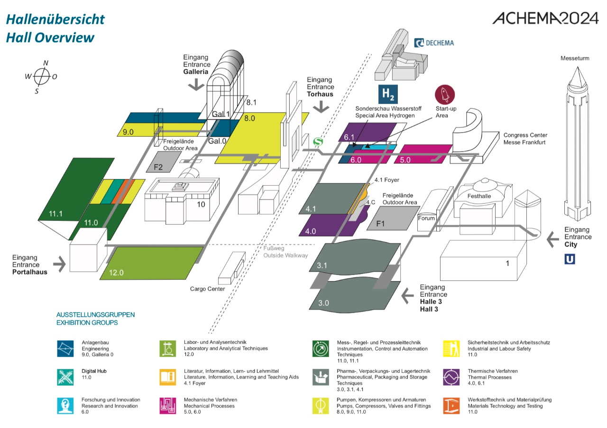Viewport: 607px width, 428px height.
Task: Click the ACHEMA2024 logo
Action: pos(545,18)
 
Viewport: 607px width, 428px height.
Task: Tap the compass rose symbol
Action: pos(42,76)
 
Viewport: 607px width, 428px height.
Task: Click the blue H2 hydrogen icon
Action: pos(388,94)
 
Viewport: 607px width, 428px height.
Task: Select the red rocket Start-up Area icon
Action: pos(445,95)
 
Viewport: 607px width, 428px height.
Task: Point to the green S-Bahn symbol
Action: pos(318,142)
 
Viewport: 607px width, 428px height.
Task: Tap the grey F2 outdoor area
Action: pos(158,167)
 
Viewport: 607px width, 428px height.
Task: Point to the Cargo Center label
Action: pos(207,289)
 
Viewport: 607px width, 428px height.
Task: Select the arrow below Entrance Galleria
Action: pos(195,85)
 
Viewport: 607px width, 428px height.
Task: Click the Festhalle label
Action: pos(479,196)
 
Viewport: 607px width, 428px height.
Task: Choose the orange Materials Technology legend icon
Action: pos(451,405)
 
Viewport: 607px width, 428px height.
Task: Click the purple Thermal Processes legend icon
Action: pos(451,377)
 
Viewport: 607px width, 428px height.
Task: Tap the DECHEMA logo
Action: pos(434,43)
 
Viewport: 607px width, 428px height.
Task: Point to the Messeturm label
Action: pos(575,58)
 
